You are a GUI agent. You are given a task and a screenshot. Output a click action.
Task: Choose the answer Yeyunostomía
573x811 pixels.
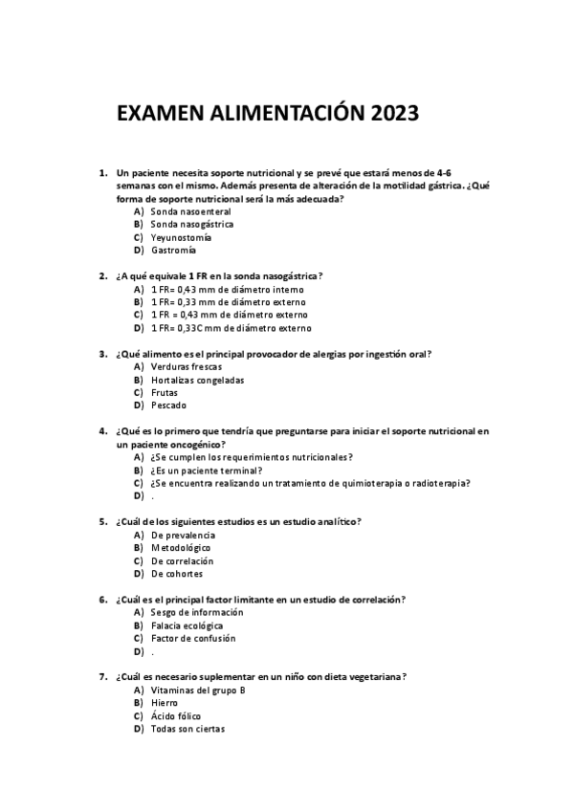click(x=182, y=237)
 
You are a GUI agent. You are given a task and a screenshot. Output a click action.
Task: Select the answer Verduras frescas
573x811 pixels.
click(x=187, y=366)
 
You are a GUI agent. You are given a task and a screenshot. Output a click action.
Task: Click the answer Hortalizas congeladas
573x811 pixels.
click(x=197, y=380)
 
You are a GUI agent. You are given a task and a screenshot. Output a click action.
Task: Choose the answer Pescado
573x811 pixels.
click(x=169, y=405)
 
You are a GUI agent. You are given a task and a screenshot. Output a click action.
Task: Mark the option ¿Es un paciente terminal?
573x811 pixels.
click(x=206, y=471)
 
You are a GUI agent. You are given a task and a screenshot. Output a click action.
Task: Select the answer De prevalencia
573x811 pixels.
click(x=184, y=535)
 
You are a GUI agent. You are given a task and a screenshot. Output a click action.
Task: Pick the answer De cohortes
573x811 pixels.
click(x=177, y=574)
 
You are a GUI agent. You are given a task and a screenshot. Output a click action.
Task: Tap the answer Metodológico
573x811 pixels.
click(x=181, y=548)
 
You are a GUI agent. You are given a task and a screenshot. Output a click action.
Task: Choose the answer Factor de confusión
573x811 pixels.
click(x=193, y=638)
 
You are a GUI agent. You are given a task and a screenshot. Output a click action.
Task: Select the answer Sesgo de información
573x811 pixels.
click(x=197, y=612)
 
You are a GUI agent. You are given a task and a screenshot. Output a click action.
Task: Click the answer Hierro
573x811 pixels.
click(x=165, y=703)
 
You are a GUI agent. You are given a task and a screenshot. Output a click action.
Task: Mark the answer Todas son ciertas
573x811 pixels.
click(x=187, y=729)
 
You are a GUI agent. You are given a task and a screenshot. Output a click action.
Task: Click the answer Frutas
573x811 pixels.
click(x=165, y=392)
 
